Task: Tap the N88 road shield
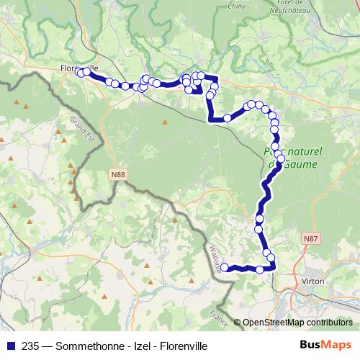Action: coord(118,174)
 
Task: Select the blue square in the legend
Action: coord(9,344)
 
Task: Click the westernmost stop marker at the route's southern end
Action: coord(224,267)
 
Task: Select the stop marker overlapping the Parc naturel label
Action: coord(279,158)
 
